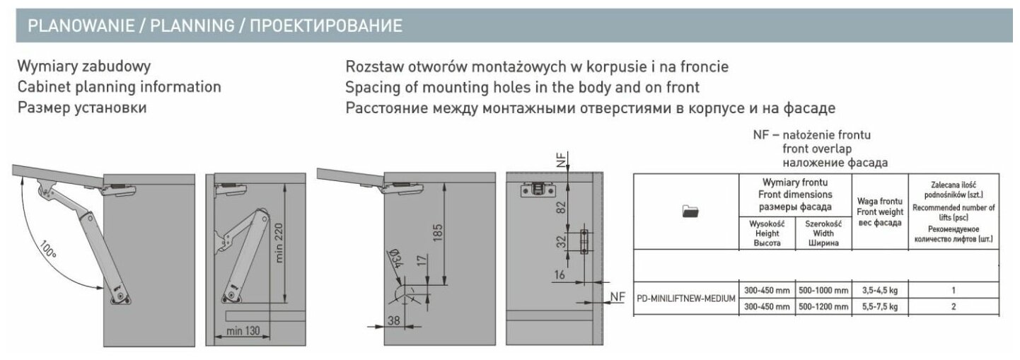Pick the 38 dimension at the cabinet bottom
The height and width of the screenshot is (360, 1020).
393,320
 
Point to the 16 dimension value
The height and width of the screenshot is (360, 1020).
559,275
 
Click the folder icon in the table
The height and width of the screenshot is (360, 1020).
690,210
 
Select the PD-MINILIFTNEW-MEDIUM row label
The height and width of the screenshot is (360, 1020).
686,298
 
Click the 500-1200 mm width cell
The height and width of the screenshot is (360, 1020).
823,306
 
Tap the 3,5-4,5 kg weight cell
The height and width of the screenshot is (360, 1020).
879,290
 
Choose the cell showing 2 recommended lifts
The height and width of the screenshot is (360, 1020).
954,306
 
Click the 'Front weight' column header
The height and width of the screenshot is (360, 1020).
879,211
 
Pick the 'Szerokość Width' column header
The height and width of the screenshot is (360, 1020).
823,233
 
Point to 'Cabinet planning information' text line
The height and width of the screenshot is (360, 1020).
119,87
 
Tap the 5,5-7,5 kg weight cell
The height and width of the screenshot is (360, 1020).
879,306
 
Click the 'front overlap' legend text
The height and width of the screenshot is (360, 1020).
817,149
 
